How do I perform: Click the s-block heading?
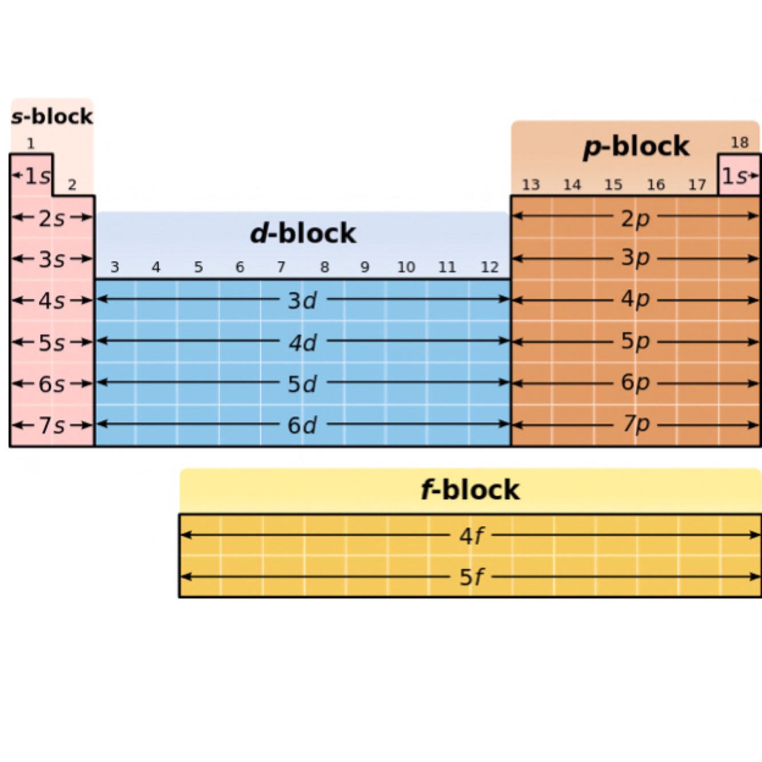click(52, 117)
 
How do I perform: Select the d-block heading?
click(303, 234)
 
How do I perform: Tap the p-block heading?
click(636, 147)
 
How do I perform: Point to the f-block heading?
click(470, 490)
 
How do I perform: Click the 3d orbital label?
click(302, 300)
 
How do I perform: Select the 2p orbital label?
click(635, 218)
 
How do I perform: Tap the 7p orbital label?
click(635, 424)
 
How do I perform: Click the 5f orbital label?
click(471, 577)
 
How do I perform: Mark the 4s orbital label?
click(51, 300)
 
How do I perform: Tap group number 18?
click(740, 142)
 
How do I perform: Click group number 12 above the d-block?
click(490, 267)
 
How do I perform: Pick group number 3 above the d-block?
click(115, 267)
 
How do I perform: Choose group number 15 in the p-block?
click(613, 185)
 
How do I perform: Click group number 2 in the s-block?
click(72, 185)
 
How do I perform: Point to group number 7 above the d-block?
click(281, 267)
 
